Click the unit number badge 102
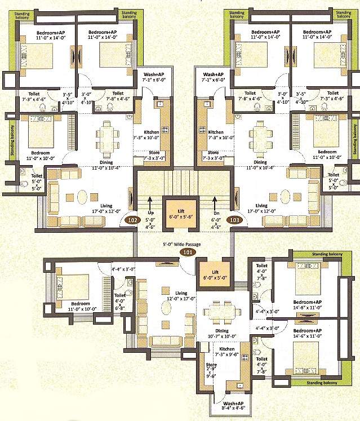[x=133, y=220]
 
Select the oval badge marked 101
[x=180, y=252]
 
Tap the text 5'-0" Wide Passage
[x=180, y=245]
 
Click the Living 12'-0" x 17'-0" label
[x=181, y=296]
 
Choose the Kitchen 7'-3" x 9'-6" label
[x=224, y=353]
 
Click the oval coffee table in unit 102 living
[x=82, y=198]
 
